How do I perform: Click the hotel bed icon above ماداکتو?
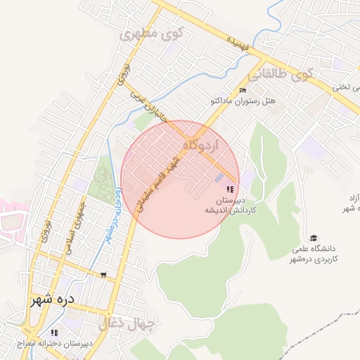coord(243,90)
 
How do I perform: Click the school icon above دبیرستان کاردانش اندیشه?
coord(229,188)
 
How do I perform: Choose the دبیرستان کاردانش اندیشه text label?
coord(229,205)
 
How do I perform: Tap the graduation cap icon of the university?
coord(314,238)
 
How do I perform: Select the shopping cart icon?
coord(104,274)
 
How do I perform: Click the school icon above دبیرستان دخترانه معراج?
coord(54,332)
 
